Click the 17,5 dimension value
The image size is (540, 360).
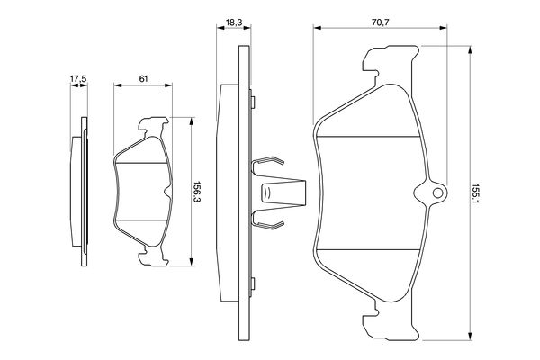pos(78,79)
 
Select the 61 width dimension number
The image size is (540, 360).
pos(143,78)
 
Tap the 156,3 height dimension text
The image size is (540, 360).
pos(196,192)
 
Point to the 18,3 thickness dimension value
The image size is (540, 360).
pos(234,22)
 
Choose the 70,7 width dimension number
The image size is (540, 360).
pos(380,22)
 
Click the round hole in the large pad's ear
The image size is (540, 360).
pos(437,193)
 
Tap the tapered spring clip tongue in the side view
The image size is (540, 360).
pos(283,193)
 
